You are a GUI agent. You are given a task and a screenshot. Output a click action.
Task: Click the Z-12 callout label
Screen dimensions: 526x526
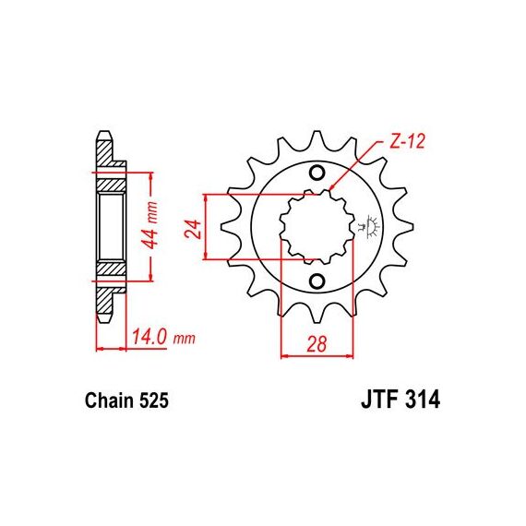407,141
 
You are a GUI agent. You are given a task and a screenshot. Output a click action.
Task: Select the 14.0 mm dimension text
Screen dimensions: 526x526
163,338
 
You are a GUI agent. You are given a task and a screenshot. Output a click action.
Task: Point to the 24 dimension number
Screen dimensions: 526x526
195,229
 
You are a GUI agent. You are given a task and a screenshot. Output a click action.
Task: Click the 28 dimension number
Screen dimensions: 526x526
317,344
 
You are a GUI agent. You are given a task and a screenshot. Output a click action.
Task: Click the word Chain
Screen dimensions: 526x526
108,400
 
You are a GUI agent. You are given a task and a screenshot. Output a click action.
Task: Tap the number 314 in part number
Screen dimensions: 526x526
423,400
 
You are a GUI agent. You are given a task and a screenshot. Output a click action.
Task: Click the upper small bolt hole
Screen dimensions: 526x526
317,173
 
